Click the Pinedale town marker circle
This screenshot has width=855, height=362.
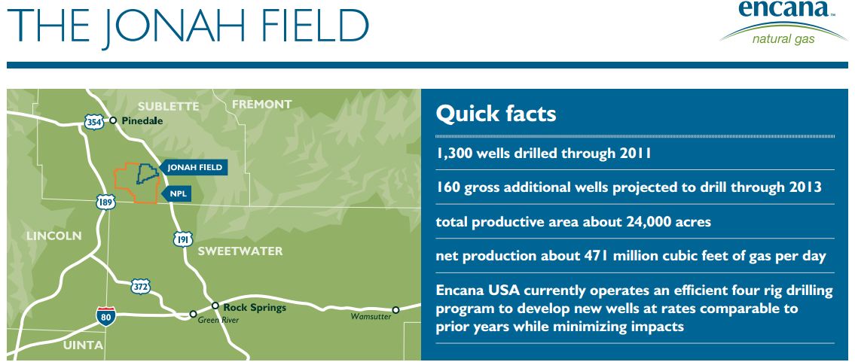coord(113,120)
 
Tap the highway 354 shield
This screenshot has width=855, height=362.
coord(94,123)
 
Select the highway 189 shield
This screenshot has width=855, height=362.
coord(105,202)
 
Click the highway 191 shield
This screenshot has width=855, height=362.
coord(183,239)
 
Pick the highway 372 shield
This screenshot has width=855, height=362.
coord(141,286)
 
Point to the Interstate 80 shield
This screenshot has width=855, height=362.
coord(105,316)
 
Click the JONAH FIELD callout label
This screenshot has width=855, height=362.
coord(193,167)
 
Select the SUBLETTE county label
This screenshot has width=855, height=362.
coord(169,106)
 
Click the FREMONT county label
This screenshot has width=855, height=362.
coord(261,104)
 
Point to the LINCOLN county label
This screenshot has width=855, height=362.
coord(54,236)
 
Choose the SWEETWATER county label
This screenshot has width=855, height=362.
coord(240,251)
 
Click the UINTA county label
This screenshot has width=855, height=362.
coord(82,345)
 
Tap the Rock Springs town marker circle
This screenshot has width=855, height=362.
coord(215,306)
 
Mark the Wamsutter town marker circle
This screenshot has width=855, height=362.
coord(396,310)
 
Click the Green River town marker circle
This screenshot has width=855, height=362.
coord(193,314)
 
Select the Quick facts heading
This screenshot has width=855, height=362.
coord(496,114)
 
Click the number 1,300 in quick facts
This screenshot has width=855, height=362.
coord(454,154)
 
